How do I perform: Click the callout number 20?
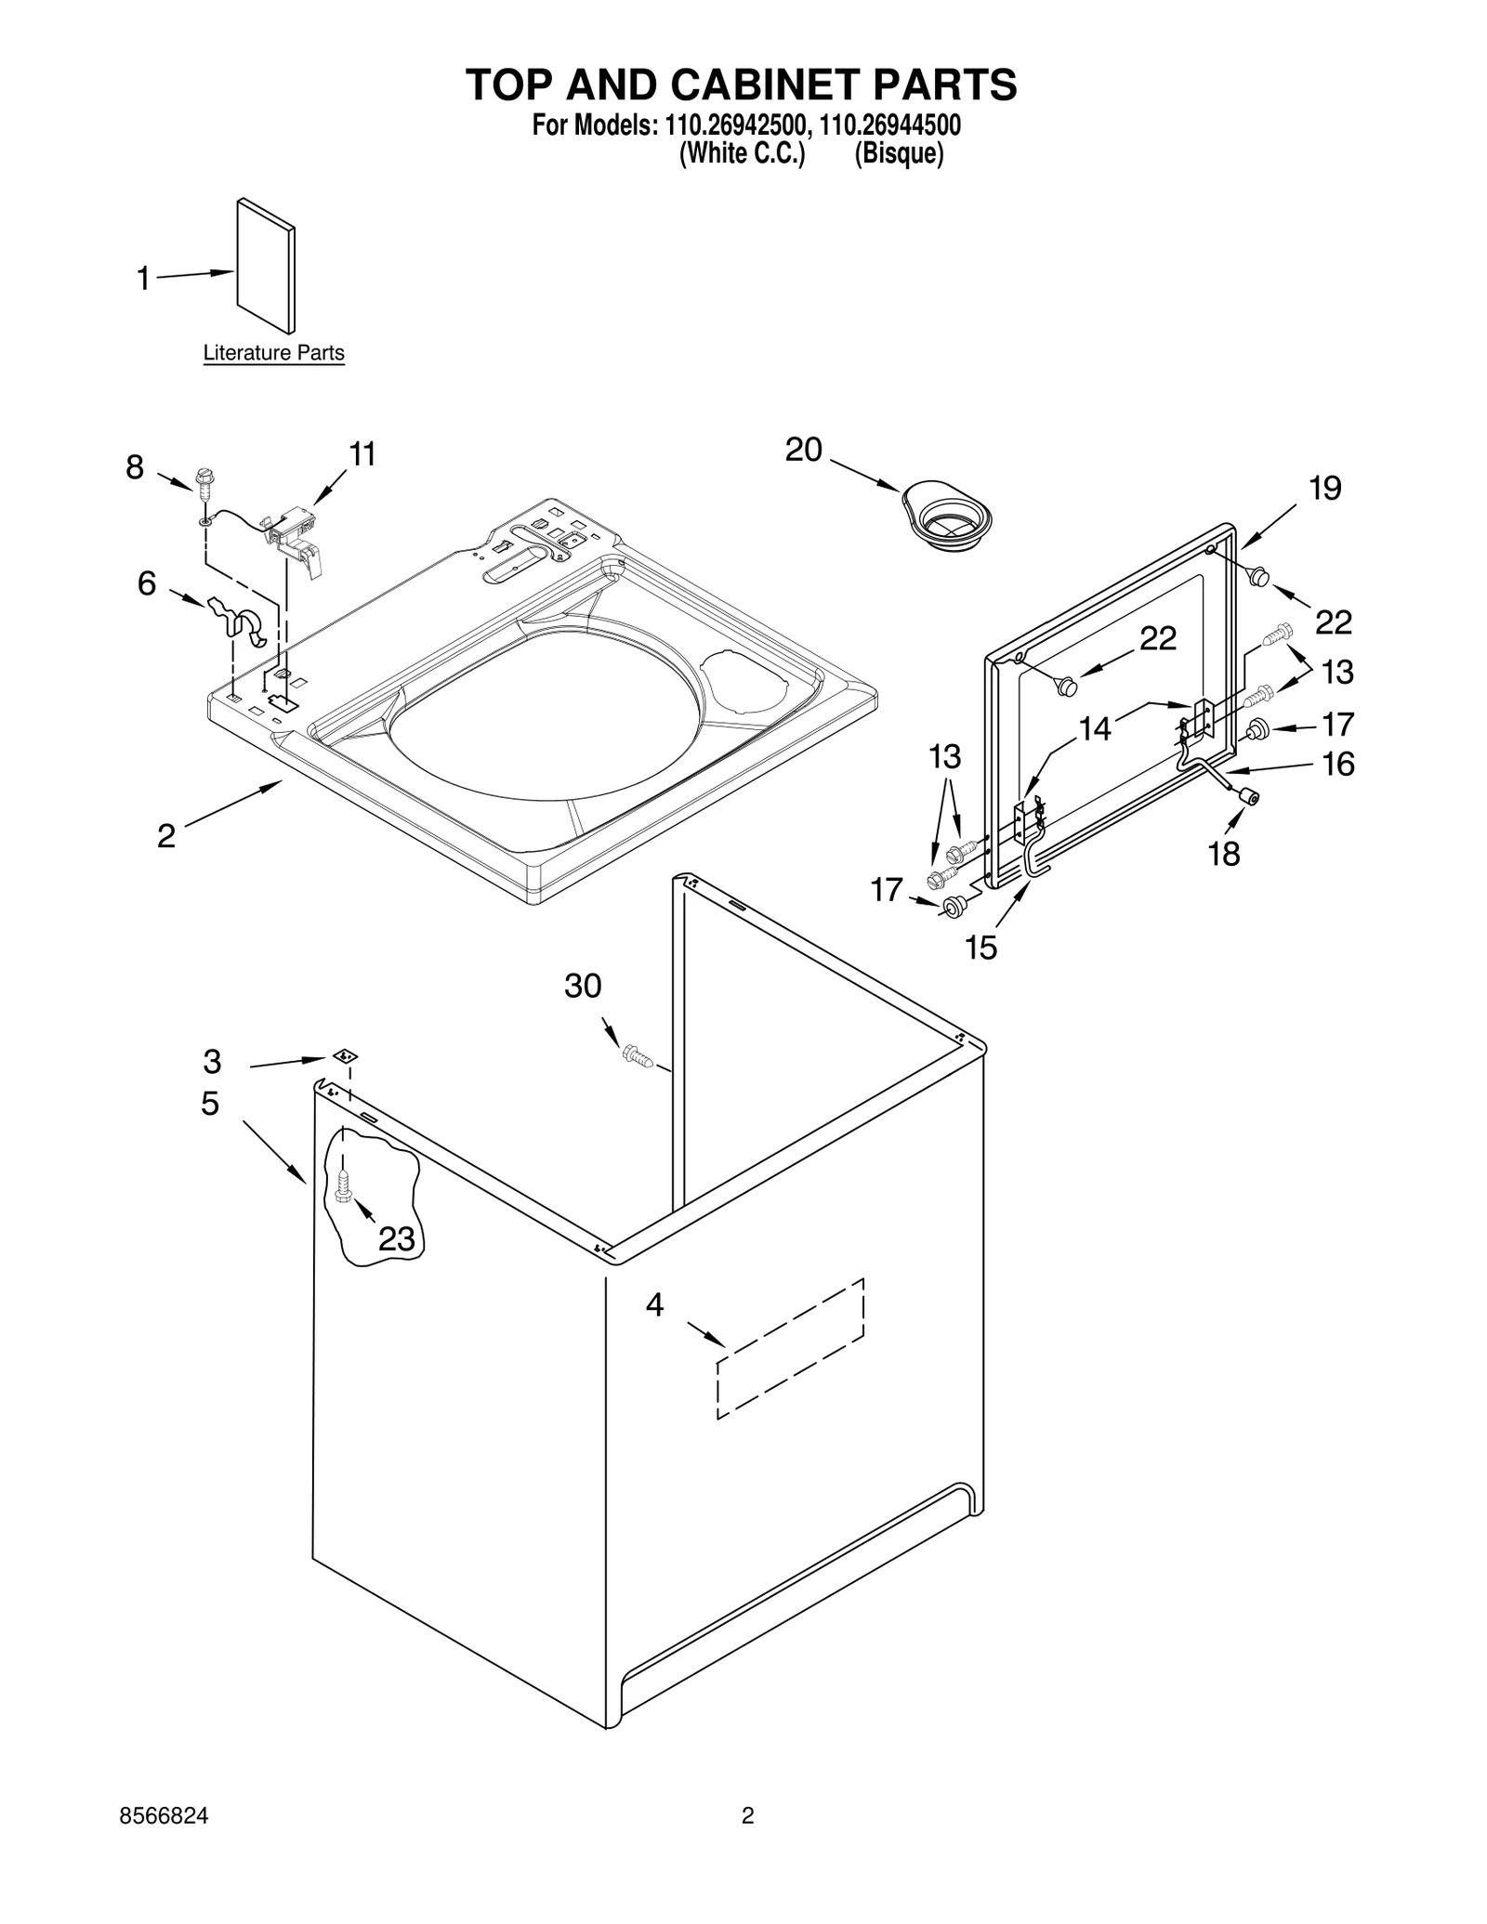click(x=804, y=451)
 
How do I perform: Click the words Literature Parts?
click(x=273, y=353)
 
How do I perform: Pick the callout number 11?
click(x=362, y=454)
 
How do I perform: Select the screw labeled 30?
click(x=637, y=1055)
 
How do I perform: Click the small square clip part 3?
click(x=346, y=1056)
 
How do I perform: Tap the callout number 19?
click(x=1325, y=489)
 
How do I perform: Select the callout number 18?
click(x=1224, y=854)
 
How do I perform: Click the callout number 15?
click(x=981, y=948)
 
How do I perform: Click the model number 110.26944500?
click(x=890, y=124)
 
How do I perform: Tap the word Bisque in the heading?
click(x=899, y=153)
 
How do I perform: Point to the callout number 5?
click(x=210, y=1104)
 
